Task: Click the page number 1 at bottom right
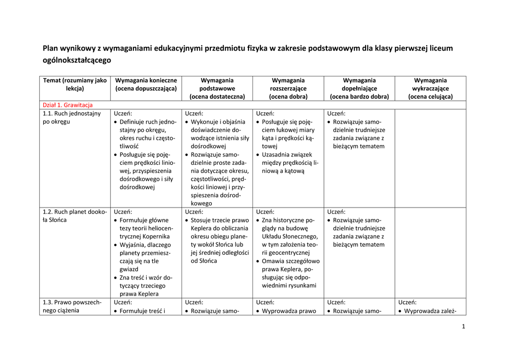463,326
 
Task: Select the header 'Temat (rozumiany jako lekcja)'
75,84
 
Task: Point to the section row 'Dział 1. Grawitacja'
67,105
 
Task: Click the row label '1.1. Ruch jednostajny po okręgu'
72,117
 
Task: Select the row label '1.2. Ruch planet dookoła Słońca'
74,216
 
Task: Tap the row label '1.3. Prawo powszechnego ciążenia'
72,306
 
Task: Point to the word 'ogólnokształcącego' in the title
77,61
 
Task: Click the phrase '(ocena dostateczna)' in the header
217,97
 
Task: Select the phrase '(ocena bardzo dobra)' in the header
359,97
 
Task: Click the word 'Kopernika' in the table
155,236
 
